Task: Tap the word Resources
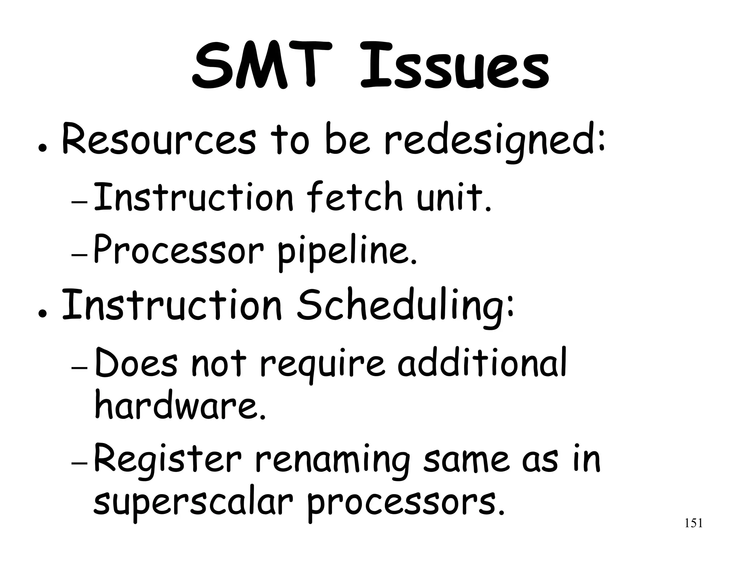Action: tap(159, 141)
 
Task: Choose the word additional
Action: tap(482, 362)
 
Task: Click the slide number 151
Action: tap(693, 523)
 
